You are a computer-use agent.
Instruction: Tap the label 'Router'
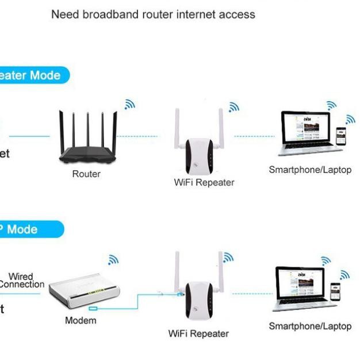click(86, 174)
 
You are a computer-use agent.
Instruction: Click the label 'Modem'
click(81, 320)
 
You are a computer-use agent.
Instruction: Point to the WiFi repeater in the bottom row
click(198, 299)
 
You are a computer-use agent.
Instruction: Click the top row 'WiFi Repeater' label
click(204, 182)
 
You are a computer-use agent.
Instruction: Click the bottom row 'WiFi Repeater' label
click(198, 334)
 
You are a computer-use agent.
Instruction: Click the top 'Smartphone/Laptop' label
click(310, 170)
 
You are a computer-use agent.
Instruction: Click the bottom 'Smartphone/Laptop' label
click(310, 326)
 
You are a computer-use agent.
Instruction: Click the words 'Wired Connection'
click(21, 280)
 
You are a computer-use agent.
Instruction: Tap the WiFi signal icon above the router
click(130, 104)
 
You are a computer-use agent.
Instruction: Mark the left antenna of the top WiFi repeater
click(178, 127)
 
